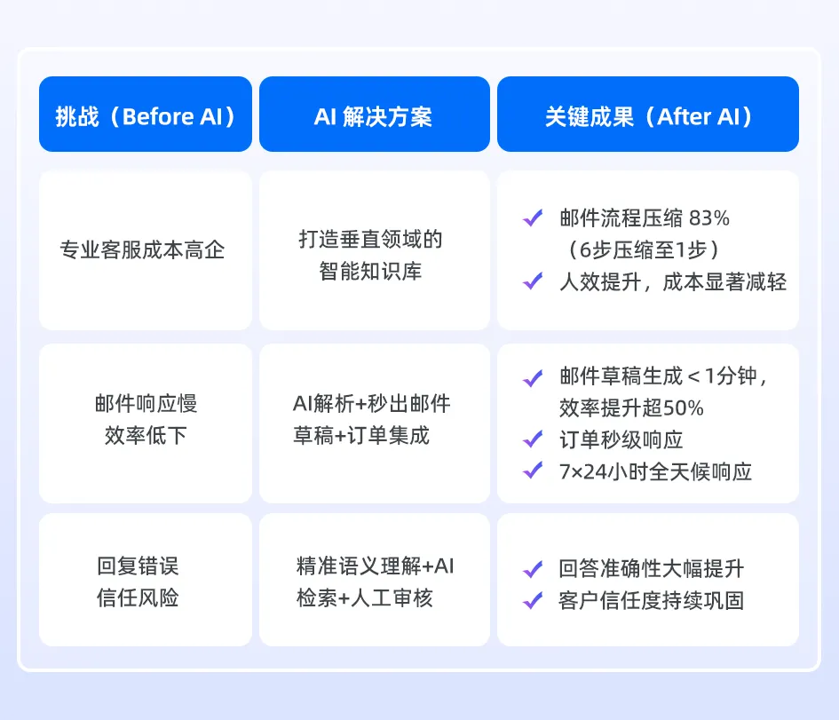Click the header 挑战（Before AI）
146,115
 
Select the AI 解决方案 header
374,115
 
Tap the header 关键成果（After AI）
648,115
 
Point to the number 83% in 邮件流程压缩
708,218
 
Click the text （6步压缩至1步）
644,249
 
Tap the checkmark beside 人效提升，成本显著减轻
533,282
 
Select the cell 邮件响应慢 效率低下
146,420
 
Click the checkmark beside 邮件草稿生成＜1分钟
533,377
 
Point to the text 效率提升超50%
631,407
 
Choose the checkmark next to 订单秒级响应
533,439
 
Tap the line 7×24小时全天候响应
655,471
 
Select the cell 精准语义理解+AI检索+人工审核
374,582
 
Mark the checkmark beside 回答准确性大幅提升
533,569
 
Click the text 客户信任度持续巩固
651,600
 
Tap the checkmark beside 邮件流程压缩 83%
533,218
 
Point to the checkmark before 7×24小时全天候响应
533,471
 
